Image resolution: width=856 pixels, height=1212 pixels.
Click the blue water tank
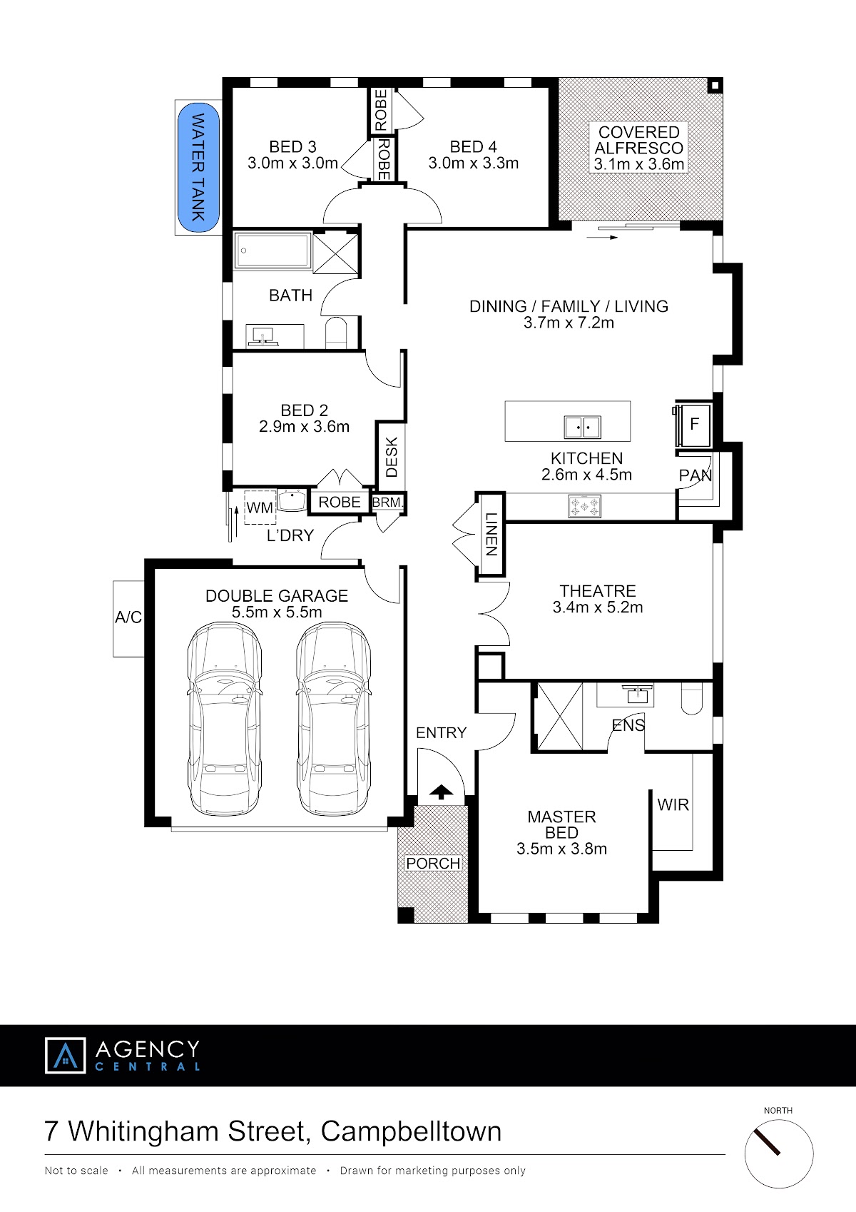click(198, 167)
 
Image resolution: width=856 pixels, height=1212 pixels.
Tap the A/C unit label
click(128, 617)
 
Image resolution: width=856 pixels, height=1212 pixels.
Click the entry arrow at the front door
click(442, 792)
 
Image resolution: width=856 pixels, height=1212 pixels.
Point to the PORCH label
click(433, 863)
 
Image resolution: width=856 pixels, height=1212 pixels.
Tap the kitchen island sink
click(582, 427)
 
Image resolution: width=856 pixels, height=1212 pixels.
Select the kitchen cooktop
click(584, 507)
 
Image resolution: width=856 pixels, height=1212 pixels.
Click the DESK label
click(392, 458)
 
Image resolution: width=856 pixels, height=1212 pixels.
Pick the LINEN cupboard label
click(491, 534)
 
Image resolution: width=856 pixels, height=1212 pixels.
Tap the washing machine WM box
click(260, 507)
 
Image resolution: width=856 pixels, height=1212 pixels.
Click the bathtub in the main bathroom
click(272, 251)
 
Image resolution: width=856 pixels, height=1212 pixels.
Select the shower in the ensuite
click(560, 717)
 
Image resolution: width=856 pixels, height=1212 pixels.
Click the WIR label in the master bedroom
click(673, 804)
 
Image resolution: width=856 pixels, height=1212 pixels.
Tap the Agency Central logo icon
click(66, 1055)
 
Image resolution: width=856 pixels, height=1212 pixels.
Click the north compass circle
click(779, 1154)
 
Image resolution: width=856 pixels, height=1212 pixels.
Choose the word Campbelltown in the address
click(411, 1131)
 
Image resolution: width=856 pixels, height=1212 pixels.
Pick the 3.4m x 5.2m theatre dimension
click(598, 607)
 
